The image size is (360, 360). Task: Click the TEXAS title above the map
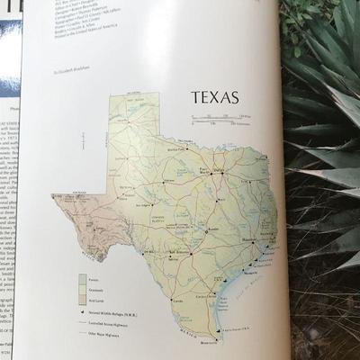click(213, 96)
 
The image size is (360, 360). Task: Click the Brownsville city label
click(210, 343)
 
